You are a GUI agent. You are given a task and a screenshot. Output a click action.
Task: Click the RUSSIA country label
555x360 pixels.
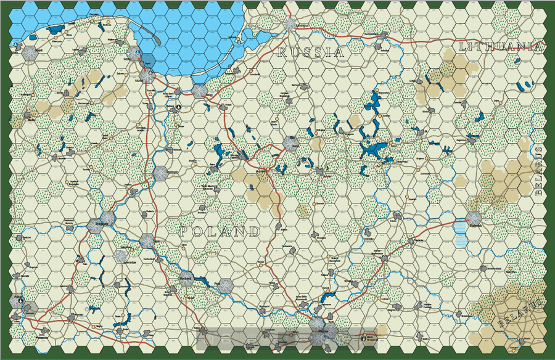pos(310,53)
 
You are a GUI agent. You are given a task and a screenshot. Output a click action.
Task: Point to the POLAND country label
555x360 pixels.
pos(220,232)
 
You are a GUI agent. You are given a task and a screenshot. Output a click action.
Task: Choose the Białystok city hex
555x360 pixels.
pos(473,218)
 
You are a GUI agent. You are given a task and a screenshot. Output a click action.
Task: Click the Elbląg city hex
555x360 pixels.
pos(199,91)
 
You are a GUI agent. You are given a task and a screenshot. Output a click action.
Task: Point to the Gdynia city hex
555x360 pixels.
pos(134,52)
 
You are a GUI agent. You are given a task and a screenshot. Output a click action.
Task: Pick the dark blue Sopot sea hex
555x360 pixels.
pos(148,62)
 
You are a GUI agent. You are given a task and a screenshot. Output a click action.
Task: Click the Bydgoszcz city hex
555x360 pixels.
pos(107,218)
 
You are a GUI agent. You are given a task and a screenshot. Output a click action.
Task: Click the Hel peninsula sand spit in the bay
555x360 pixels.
pos(154,37)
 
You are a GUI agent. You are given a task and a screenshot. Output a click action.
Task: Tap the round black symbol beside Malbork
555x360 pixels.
pos(179,106)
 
